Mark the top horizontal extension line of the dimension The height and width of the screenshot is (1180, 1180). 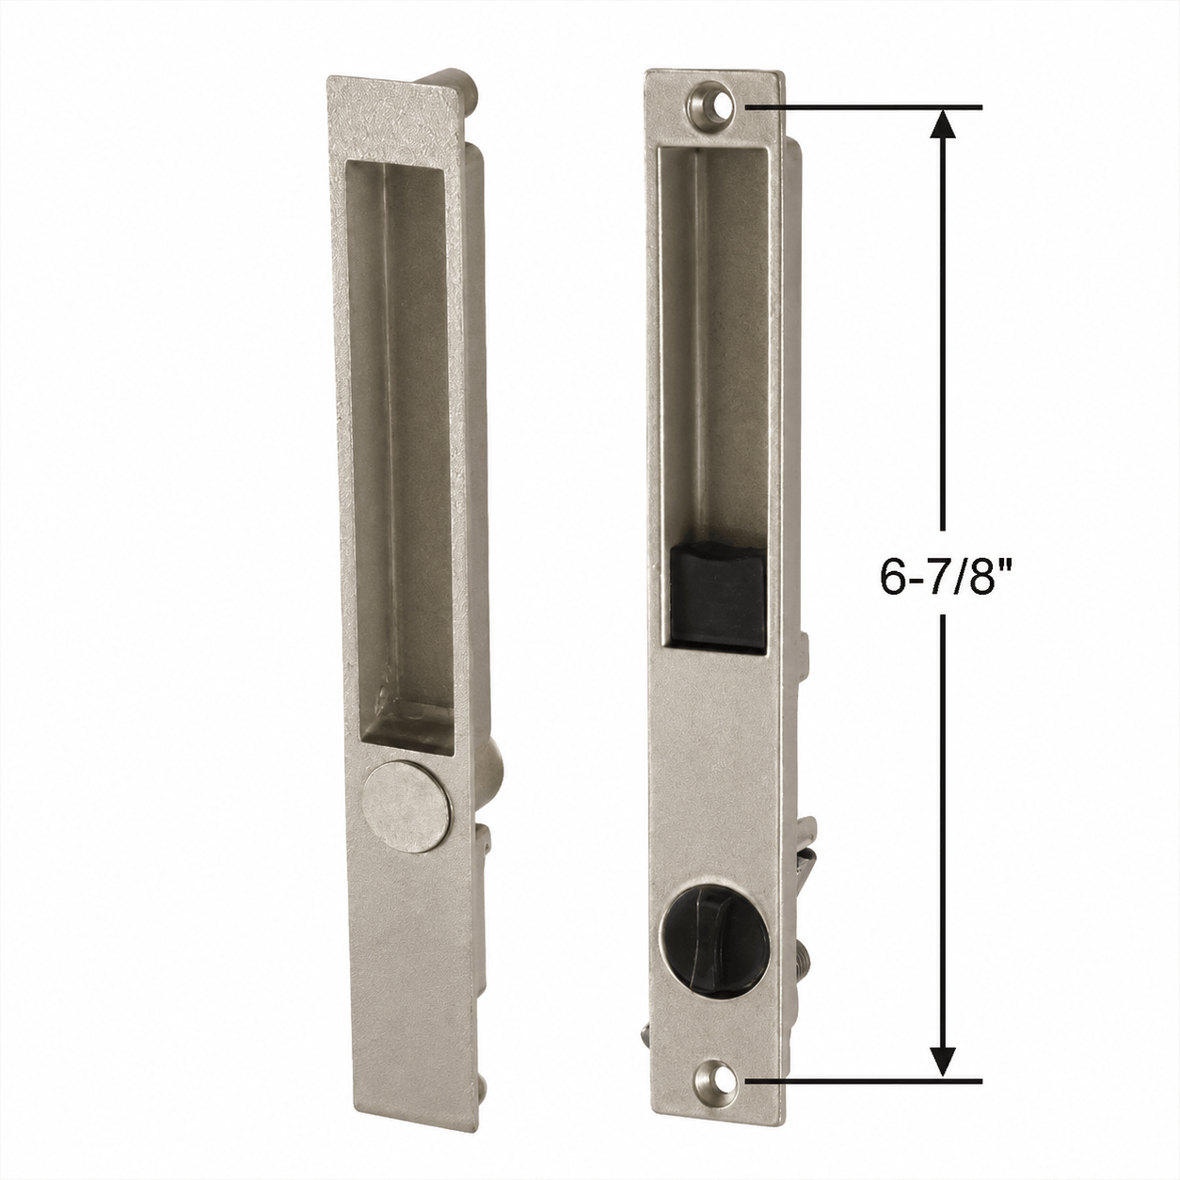point(864,108)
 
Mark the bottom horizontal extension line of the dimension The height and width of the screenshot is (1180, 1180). point(864,1098)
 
